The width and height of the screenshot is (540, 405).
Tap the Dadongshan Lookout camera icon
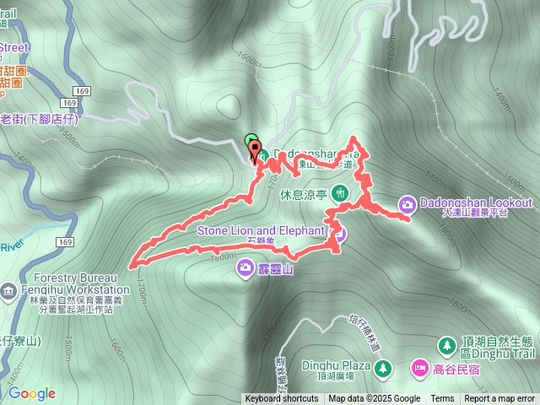[407, 203]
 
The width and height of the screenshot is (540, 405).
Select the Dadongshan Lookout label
[476, 203]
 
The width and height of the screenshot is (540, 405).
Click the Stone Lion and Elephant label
[261, 230]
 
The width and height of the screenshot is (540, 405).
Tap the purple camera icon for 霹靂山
[245, 268]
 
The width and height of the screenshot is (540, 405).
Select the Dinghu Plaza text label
[343, 367]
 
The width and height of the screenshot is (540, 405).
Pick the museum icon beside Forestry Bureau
[8, 292]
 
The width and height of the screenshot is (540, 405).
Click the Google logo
[31, 393]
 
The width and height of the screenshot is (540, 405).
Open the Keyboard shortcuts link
[282, 399]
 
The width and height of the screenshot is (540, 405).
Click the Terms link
[442, 399]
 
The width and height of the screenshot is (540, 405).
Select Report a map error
[499, 399]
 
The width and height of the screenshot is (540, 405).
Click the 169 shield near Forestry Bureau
[64, 242]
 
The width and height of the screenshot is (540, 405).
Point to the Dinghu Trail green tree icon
[448, 345]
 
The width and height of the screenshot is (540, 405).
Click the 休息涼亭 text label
[300, 192]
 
